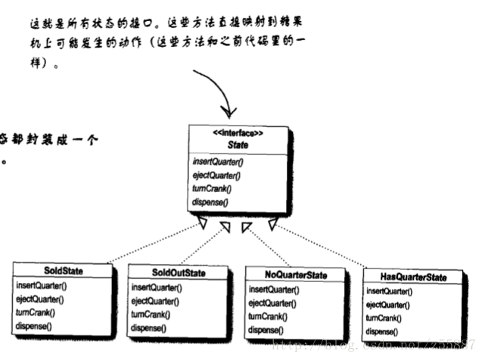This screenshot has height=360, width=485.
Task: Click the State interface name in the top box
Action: [237, 144]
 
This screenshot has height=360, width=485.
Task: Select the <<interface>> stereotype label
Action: [237, 134]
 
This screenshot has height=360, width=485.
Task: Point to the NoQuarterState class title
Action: [297, 275]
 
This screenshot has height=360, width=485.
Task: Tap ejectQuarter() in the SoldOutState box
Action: [156, 301]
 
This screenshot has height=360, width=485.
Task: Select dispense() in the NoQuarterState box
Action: [266, 330]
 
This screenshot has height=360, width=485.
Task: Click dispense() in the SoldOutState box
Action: [149, 327]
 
